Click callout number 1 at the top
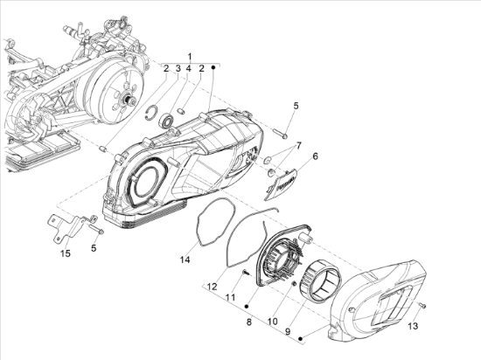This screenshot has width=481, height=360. pos(190,57)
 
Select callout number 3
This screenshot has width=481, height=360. pos(178,68)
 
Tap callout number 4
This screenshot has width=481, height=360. pos(189,69)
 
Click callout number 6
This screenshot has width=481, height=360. pos(315,156)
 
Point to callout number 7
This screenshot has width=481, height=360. pos(297,146)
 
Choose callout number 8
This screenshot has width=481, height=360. pos(248,322)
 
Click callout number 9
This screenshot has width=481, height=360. pos(288,332)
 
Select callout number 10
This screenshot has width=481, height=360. pos(272,322)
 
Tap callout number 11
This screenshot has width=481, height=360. pos(230,297)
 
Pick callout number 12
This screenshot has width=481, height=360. pos(212,287)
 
